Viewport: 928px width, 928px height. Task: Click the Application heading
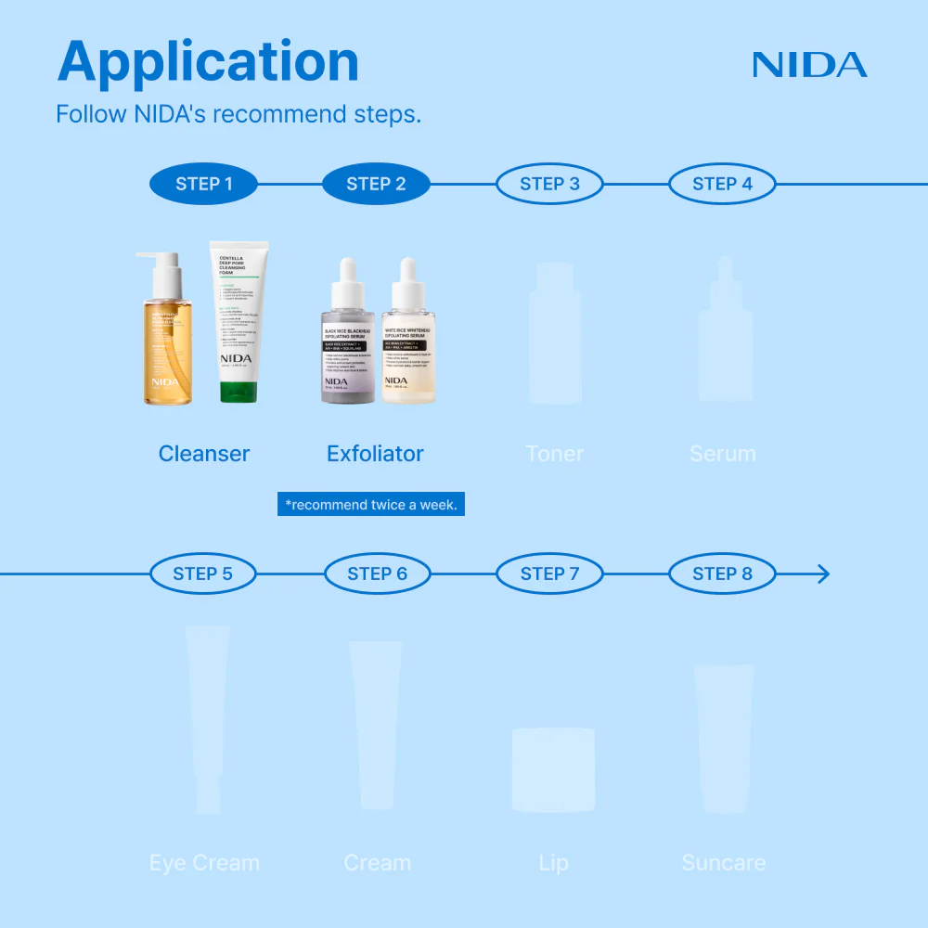(x=208, y=62)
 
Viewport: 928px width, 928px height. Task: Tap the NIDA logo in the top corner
(x=809, y=65)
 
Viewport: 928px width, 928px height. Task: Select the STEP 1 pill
(x=204, y=184)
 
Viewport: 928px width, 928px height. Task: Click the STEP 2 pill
(x=376, y=184)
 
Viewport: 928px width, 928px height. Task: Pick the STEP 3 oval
(x=549, y=184)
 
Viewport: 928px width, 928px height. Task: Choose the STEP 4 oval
(x=722, y=184)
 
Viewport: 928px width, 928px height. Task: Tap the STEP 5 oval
(x=202, y=574)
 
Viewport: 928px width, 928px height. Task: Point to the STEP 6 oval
(x=377, y=574)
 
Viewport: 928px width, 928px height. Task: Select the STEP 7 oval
(x=549, y=574)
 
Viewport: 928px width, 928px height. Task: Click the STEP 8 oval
(x=722, y=574)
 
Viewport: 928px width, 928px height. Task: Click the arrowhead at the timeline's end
(x=820, y=574)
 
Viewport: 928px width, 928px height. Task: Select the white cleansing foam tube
(x=238, y=316)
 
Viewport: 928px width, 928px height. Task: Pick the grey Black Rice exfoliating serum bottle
(x=348, y=343)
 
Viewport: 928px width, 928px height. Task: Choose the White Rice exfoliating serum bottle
(x=409, y=343)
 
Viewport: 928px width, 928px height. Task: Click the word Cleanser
(x=204, y=454)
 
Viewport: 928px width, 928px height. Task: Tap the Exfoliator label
(x=375, y=454)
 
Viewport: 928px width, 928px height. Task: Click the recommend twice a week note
(x=371, y=505)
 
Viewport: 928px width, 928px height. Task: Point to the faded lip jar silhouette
(x=553, y=769)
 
